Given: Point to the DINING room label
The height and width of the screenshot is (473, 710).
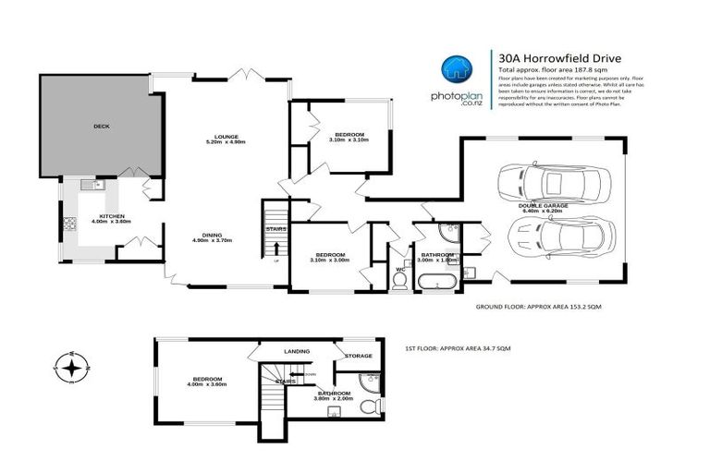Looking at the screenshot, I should (212, 236).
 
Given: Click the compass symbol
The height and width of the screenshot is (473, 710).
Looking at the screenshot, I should (69, 367).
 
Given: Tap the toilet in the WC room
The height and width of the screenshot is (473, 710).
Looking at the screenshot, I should (400, 282).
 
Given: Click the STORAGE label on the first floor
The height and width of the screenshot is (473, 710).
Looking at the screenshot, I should (359, 356).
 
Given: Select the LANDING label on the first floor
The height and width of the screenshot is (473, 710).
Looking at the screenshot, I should (272, 350).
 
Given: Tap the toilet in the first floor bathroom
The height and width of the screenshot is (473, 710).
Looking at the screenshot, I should (367, 404).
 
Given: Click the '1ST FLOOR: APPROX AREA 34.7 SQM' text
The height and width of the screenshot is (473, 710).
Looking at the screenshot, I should (458, 348).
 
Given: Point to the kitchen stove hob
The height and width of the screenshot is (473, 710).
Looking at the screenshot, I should (67, 224).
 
